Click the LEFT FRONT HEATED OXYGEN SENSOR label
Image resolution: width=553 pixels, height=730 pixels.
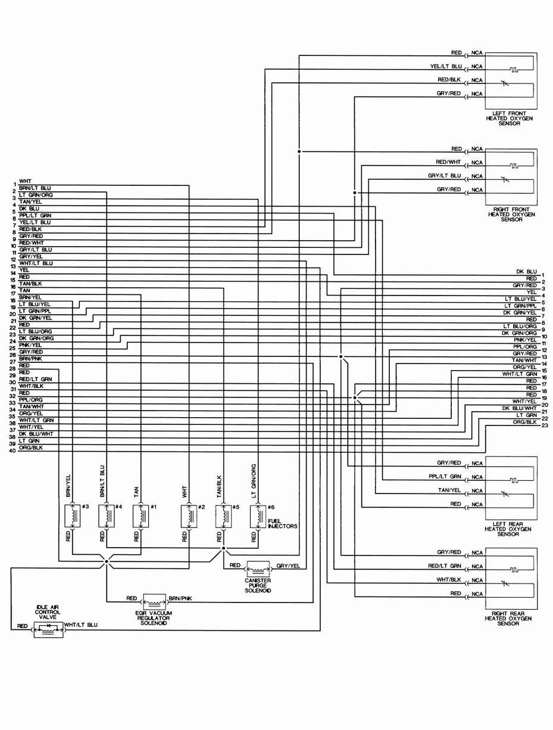(x=510, y=118)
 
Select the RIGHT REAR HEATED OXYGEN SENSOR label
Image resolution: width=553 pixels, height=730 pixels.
(x=508, y=619)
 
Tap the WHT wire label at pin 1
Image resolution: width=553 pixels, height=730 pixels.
(x=26, y=181)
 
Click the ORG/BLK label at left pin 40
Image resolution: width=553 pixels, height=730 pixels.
(x=31, y=448)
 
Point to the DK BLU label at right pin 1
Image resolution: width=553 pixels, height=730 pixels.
(x=528, y=271)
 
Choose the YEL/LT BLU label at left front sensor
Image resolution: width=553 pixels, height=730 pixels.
(x=446, y=66)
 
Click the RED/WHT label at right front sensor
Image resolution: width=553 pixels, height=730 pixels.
(x=449, y=162)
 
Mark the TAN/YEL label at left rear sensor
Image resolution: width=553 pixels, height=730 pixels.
(x=449, y=490)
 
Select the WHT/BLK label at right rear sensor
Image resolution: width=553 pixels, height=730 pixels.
(x=449, y=579)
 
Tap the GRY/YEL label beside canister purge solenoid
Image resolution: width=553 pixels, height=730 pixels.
(x=288, y=566)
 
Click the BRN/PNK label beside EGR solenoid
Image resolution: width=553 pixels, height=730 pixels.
(x=180, y=598)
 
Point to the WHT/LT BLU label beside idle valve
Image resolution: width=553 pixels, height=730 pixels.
(x=81, y=626)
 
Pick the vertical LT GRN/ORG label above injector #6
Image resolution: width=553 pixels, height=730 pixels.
(x=254, y=480)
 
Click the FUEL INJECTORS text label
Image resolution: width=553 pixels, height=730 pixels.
(x=282, y=524)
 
